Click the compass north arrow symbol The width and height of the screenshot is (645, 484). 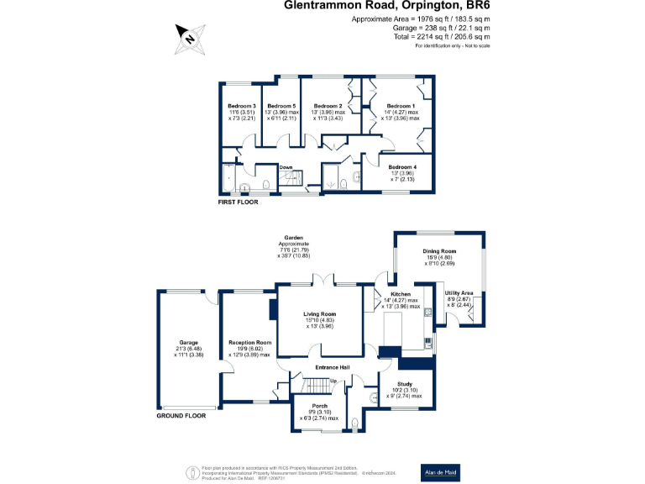click(190, 36)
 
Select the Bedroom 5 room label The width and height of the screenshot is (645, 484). click(281, 106)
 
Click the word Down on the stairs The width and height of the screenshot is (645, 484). click(286, 167)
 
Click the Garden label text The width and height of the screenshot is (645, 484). click(293, 238)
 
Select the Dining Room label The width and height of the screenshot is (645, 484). click(439, 252)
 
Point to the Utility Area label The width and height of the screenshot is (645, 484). click(459, 293)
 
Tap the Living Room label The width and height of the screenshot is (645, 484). click(318, 314)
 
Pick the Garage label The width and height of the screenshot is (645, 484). click(188, 343)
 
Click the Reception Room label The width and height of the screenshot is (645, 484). click(250, 343)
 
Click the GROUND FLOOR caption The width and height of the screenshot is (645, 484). click(181, 415)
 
